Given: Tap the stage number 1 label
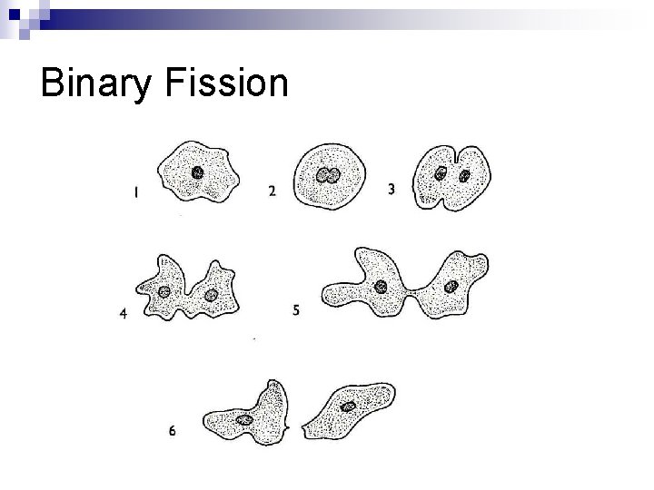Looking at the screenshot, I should (x=135, y=192).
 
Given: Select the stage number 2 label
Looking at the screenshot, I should (x=272, y=191).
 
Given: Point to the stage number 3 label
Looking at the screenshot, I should (x=391, y=190).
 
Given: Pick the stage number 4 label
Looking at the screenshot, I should (x=123, y=315).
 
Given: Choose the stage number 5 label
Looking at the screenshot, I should (x=297, y=310).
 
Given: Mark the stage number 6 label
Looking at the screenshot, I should (x=172, y=432).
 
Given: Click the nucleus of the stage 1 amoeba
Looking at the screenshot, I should (x=198, y=172).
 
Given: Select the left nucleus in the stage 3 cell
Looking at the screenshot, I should (x=441, y=173).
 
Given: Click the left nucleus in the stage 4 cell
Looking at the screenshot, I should (x=164, y=291).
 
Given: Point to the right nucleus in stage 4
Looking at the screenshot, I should (x=211, y=294).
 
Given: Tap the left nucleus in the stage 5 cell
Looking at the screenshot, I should (x=381, y=287).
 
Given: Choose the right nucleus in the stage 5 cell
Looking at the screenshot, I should (x=451, y=287).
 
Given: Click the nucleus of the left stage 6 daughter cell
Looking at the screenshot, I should (x=244, y=420).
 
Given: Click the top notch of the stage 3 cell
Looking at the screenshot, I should (x=454, y=150).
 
